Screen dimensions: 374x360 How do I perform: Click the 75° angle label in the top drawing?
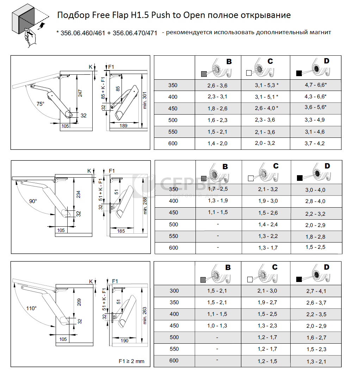click(41, 104)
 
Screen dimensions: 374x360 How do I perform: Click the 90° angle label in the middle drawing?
click(33, 201)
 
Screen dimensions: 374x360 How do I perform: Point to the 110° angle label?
click(31, 308)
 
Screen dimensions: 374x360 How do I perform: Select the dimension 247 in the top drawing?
click(80, 93)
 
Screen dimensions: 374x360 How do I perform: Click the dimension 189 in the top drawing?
click(124, 125)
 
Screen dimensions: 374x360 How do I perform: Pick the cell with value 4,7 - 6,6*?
click(315, 85)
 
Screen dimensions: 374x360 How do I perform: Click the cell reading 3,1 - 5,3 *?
click(267, 85)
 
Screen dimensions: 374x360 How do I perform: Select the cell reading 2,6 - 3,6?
click(217, 85)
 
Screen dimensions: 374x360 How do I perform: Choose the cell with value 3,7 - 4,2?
click(315, 143)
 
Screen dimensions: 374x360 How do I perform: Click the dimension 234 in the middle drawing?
click(78, 194)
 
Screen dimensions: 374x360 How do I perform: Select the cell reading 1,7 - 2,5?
click(218, 189)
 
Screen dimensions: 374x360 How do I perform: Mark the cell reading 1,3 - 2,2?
click(268, 236)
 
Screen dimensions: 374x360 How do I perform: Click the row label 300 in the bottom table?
click(174, 291)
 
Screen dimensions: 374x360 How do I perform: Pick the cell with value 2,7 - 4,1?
click(316, 291)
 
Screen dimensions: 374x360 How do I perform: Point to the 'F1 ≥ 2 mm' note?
click(131, 361)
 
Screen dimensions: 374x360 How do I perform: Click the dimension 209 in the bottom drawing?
click(79, 302)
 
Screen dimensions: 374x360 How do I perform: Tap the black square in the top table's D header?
click(299, 73)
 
